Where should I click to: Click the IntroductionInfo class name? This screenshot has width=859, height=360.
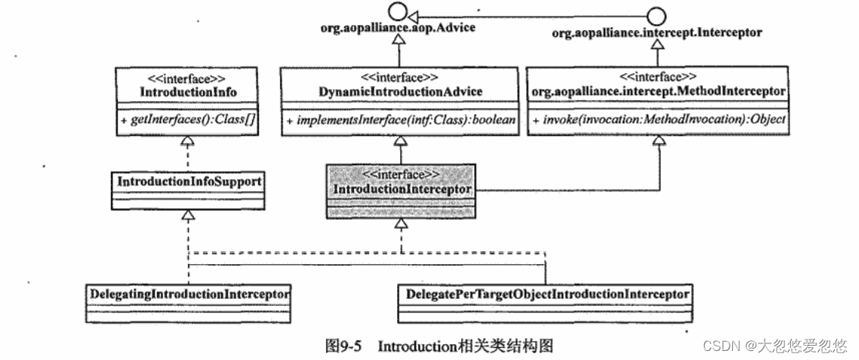coord(189,91)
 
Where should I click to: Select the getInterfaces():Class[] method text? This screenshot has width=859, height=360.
coord(189,122)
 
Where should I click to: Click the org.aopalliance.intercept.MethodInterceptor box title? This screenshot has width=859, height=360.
coord(657,91)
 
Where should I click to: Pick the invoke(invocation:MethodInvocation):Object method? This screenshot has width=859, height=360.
coord(657,122)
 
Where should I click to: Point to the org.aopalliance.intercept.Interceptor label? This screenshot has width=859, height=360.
coord(656,33)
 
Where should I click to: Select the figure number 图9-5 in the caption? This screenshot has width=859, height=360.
coord(343,346)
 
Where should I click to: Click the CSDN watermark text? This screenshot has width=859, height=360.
coord(774,346)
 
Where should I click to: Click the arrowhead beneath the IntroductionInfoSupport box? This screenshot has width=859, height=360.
coord(189,217)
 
